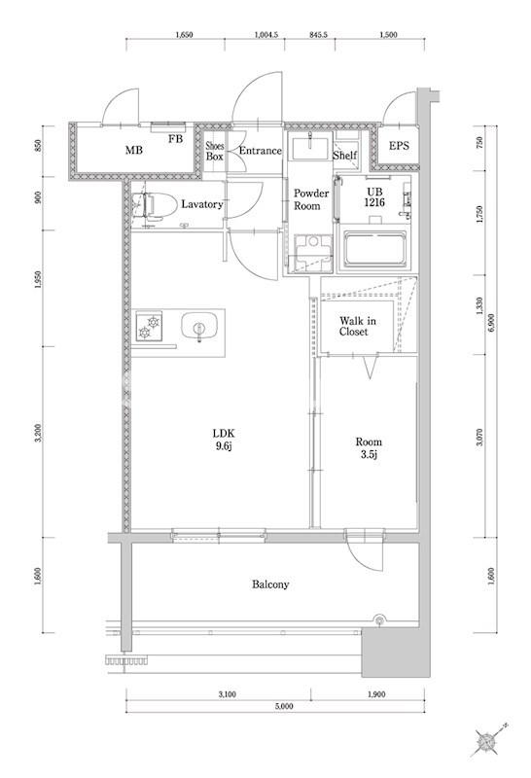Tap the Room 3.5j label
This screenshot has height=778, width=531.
[x=369, y=446]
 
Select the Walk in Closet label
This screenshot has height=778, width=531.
[x=353, y=326]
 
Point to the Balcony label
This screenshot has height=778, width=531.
[x=269, y=584]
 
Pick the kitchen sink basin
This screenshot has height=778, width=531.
[x=199, y=328]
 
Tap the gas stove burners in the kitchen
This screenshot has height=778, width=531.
[x=151, y=327]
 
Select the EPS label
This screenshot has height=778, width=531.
[x=399, y=147]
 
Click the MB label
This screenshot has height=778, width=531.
[x=133, y=152]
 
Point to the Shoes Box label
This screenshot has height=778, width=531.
[x=215, y=151]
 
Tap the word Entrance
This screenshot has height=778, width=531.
[x=260, y=151]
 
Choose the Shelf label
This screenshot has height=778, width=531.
[x=344, y=156]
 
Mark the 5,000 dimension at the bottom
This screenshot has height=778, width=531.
[x=283, y=707]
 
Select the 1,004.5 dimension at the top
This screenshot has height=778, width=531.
[x=266, y=35]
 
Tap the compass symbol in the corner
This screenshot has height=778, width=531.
[x=487, y=741]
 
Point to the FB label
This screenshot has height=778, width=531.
[x=175, y=139]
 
